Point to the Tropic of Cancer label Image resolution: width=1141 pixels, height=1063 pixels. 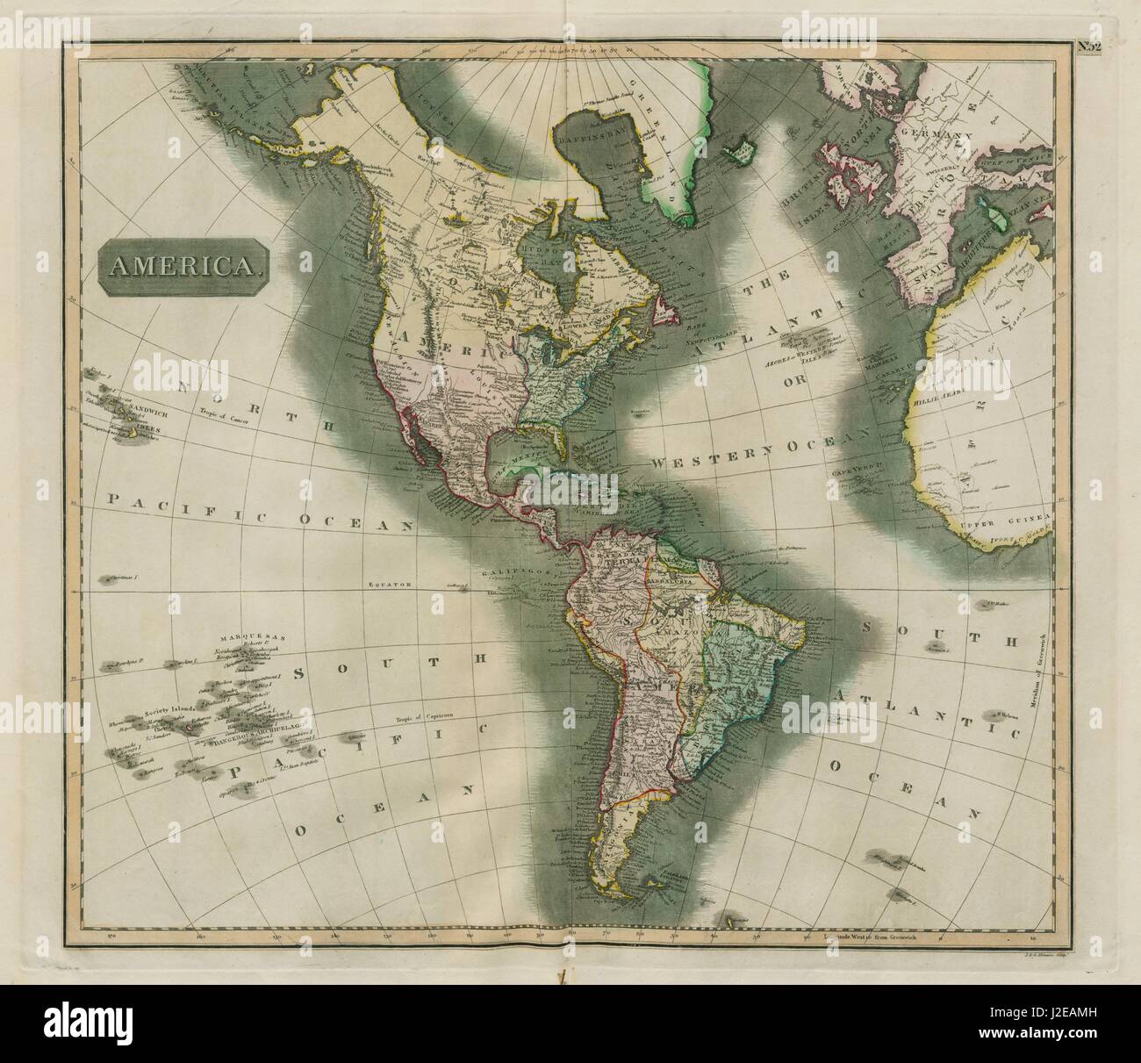[x=227, y=418]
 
